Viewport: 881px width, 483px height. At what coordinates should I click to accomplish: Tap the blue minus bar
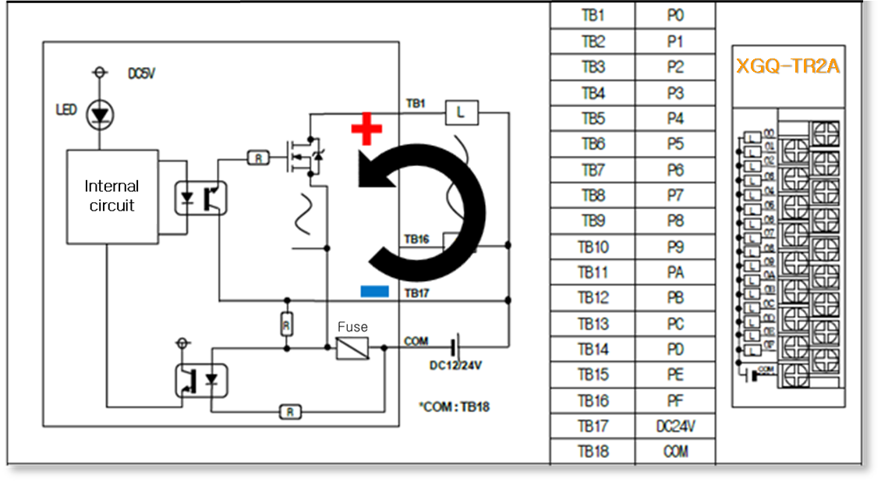pos(375,291)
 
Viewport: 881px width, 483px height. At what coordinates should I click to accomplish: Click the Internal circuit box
pos(111,196)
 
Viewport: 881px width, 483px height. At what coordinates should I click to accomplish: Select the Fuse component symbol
pos(352,347)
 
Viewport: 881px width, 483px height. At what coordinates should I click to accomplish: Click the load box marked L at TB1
pos(461,113)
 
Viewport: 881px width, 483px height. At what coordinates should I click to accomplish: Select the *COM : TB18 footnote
pos(455,407)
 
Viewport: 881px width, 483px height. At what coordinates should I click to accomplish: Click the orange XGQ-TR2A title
pos(787,66)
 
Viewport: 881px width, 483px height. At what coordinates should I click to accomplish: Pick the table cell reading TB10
pos(593,247)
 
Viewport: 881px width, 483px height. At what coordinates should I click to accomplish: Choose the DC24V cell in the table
pos(675,426)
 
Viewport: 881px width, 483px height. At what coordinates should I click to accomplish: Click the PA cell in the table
pos(675,272)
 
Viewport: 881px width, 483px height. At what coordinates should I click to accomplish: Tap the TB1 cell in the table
pos(593,16)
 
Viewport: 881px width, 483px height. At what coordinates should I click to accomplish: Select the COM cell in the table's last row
pos(675,452)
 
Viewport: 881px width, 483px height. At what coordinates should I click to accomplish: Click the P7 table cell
pos(675,196)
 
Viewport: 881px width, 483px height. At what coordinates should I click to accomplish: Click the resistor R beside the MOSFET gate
pos(258,158)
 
